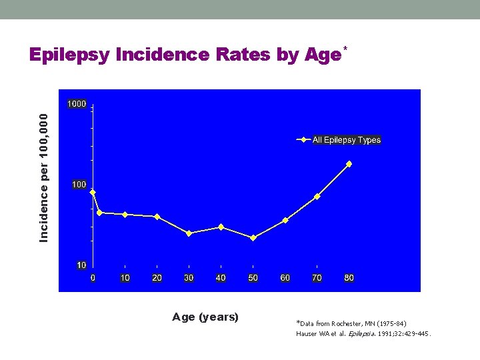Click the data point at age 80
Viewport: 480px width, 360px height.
[x=349, y=164]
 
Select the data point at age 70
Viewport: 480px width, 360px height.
[x=317, y=197]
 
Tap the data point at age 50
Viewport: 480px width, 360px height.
[x=253, y=237]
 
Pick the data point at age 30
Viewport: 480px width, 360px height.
[x=189, y=233]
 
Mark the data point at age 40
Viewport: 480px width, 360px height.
[x=221, y=227]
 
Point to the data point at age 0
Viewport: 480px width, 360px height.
[x=93, y=193]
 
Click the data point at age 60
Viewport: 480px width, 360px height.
[x=285, y=221]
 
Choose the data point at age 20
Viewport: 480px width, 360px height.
[x=157, y=217]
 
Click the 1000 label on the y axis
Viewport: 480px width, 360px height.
[x=75, y=104]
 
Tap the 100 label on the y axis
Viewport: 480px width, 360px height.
[x=79, y=184]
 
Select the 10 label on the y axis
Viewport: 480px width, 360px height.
[x=81, y=265]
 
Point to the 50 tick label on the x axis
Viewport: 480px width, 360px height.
[x=253, y=277]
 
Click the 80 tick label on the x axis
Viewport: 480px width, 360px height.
[x=349, y=277]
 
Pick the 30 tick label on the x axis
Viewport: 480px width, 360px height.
[x=189, y=277]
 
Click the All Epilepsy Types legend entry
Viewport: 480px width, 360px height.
[x=346, y=140]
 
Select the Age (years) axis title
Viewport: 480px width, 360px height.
[x=205, y=317]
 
